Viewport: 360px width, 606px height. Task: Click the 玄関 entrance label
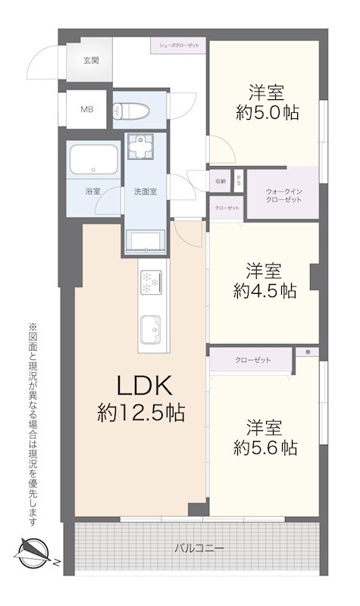pyautogui.click(x=90, y=60)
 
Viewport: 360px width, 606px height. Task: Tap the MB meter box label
pyautogui.click(x=89, y=108)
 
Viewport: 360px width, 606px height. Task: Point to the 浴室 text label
pyautogui.click(x=92, y=192)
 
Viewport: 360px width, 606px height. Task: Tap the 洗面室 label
pyautogui.click(x=145, y=192)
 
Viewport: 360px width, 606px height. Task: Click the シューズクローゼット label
pyautogui.click(x=179, y=45)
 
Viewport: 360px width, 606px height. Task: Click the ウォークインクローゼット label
pyautogui.click(x=284, y=195)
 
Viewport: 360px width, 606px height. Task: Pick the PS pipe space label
pyautogui.click(x=238, y=181)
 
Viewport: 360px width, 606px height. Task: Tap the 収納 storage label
pyautogui.click(x=220, y=181)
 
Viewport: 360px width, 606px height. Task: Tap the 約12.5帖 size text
pyautogui.click(x=142, y=413)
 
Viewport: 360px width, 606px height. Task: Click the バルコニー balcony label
pyautogui.click(x=199, y=547)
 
